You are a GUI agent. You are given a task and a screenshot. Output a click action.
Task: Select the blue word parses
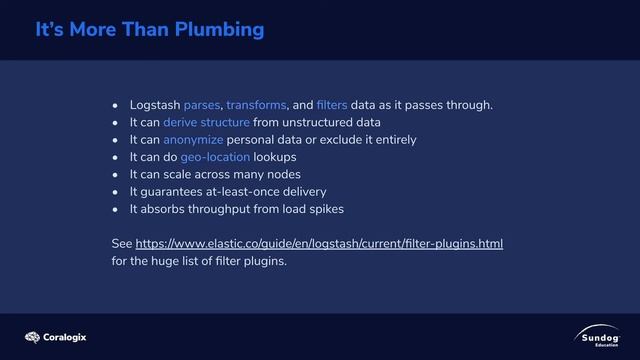coord(202,105)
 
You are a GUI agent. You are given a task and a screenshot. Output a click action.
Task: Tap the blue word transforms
coord(256,105)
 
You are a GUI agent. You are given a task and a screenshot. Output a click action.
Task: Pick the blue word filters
coord(331,105)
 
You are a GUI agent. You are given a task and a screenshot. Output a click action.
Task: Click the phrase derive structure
coord(206,122)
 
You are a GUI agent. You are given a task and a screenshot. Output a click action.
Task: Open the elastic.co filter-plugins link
coord(319,244)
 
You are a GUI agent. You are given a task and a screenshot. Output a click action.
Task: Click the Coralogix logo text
coord(65,337)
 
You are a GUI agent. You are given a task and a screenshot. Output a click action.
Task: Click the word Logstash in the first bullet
coord(154,105)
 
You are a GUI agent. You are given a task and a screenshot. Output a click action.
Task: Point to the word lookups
coord(275,157)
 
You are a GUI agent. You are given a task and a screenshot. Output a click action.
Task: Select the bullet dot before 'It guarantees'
coord(116,192)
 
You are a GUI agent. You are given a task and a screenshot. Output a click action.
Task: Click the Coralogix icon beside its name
coord(32,337)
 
